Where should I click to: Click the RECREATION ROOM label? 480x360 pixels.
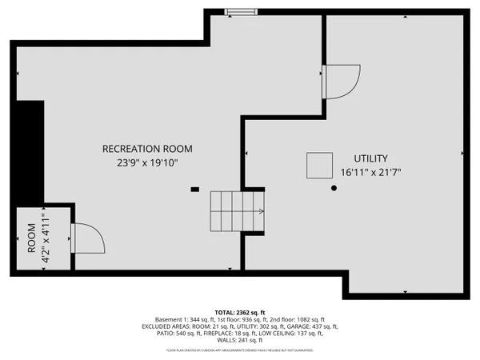coord(147,149)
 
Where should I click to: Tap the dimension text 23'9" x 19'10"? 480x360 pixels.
coord(147,162)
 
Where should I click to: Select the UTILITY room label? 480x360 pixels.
coord(371,158)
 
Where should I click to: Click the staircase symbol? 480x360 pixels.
coord(237,210)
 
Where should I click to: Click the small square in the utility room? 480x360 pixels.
coord(318,165)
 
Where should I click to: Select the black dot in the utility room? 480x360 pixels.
coord(334,188)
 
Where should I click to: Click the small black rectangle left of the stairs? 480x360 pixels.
coord(194,190)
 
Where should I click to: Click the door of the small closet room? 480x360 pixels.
coord(84,238)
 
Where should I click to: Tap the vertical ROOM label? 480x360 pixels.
coord(32,241)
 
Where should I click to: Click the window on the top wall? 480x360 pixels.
coord(238,11)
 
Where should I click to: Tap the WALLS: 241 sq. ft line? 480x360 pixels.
coord(239,342)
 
